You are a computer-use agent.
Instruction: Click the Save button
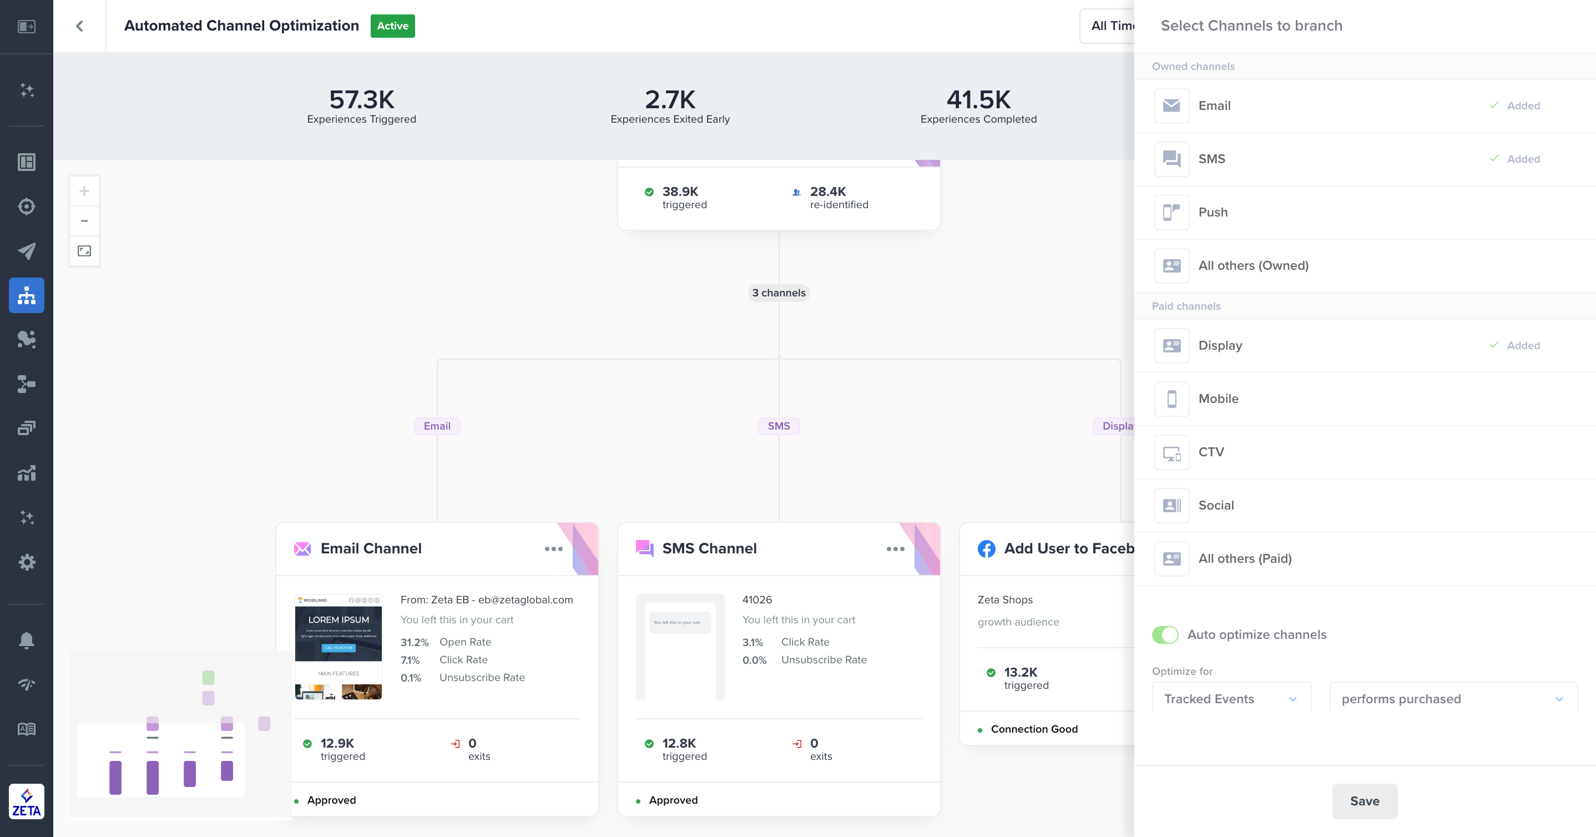(x=1364, y=800)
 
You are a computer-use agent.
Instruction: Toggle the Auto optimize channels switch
(x=1165, y=634)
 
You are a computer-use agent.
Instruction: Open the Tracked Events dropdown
(x=1230, y=698)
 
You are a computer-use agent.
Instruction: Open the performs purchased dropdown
(x=1452, y=698)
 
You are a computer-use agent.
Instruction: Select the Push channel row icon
(x=1171, y=212)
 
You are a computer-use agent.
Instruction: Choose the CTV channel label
(x=1211, y=452)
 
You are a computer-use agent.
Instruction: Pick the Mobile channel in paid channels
(x=1218, y=399)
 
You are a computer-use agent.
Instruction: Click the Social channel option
(x=1215, y=505)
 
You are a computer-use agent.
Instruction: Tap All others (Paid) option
(x=1244, y=558)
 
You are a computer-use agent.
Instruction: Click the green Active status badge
(x=392, y=26)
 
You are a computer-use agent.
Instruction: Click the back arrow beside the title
(x=79, y=26)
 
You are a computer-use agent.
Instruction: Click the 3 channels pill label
(x=778, y=293)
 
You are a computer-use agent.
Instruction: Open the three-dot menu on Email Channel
(x=553, y=548)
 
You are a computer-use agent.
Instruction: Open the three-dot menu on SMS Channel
(x=895, y=548)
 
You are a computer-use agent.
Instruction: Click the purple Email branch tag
(x=437, y=426)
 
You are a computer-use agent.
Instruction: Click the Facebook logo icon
(x=986, y=548)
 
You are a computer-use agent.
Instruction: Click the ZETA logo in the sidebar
(x=26, y=801)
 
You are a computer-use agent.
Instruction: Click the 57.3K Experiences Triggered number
(x=361, y=99)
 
